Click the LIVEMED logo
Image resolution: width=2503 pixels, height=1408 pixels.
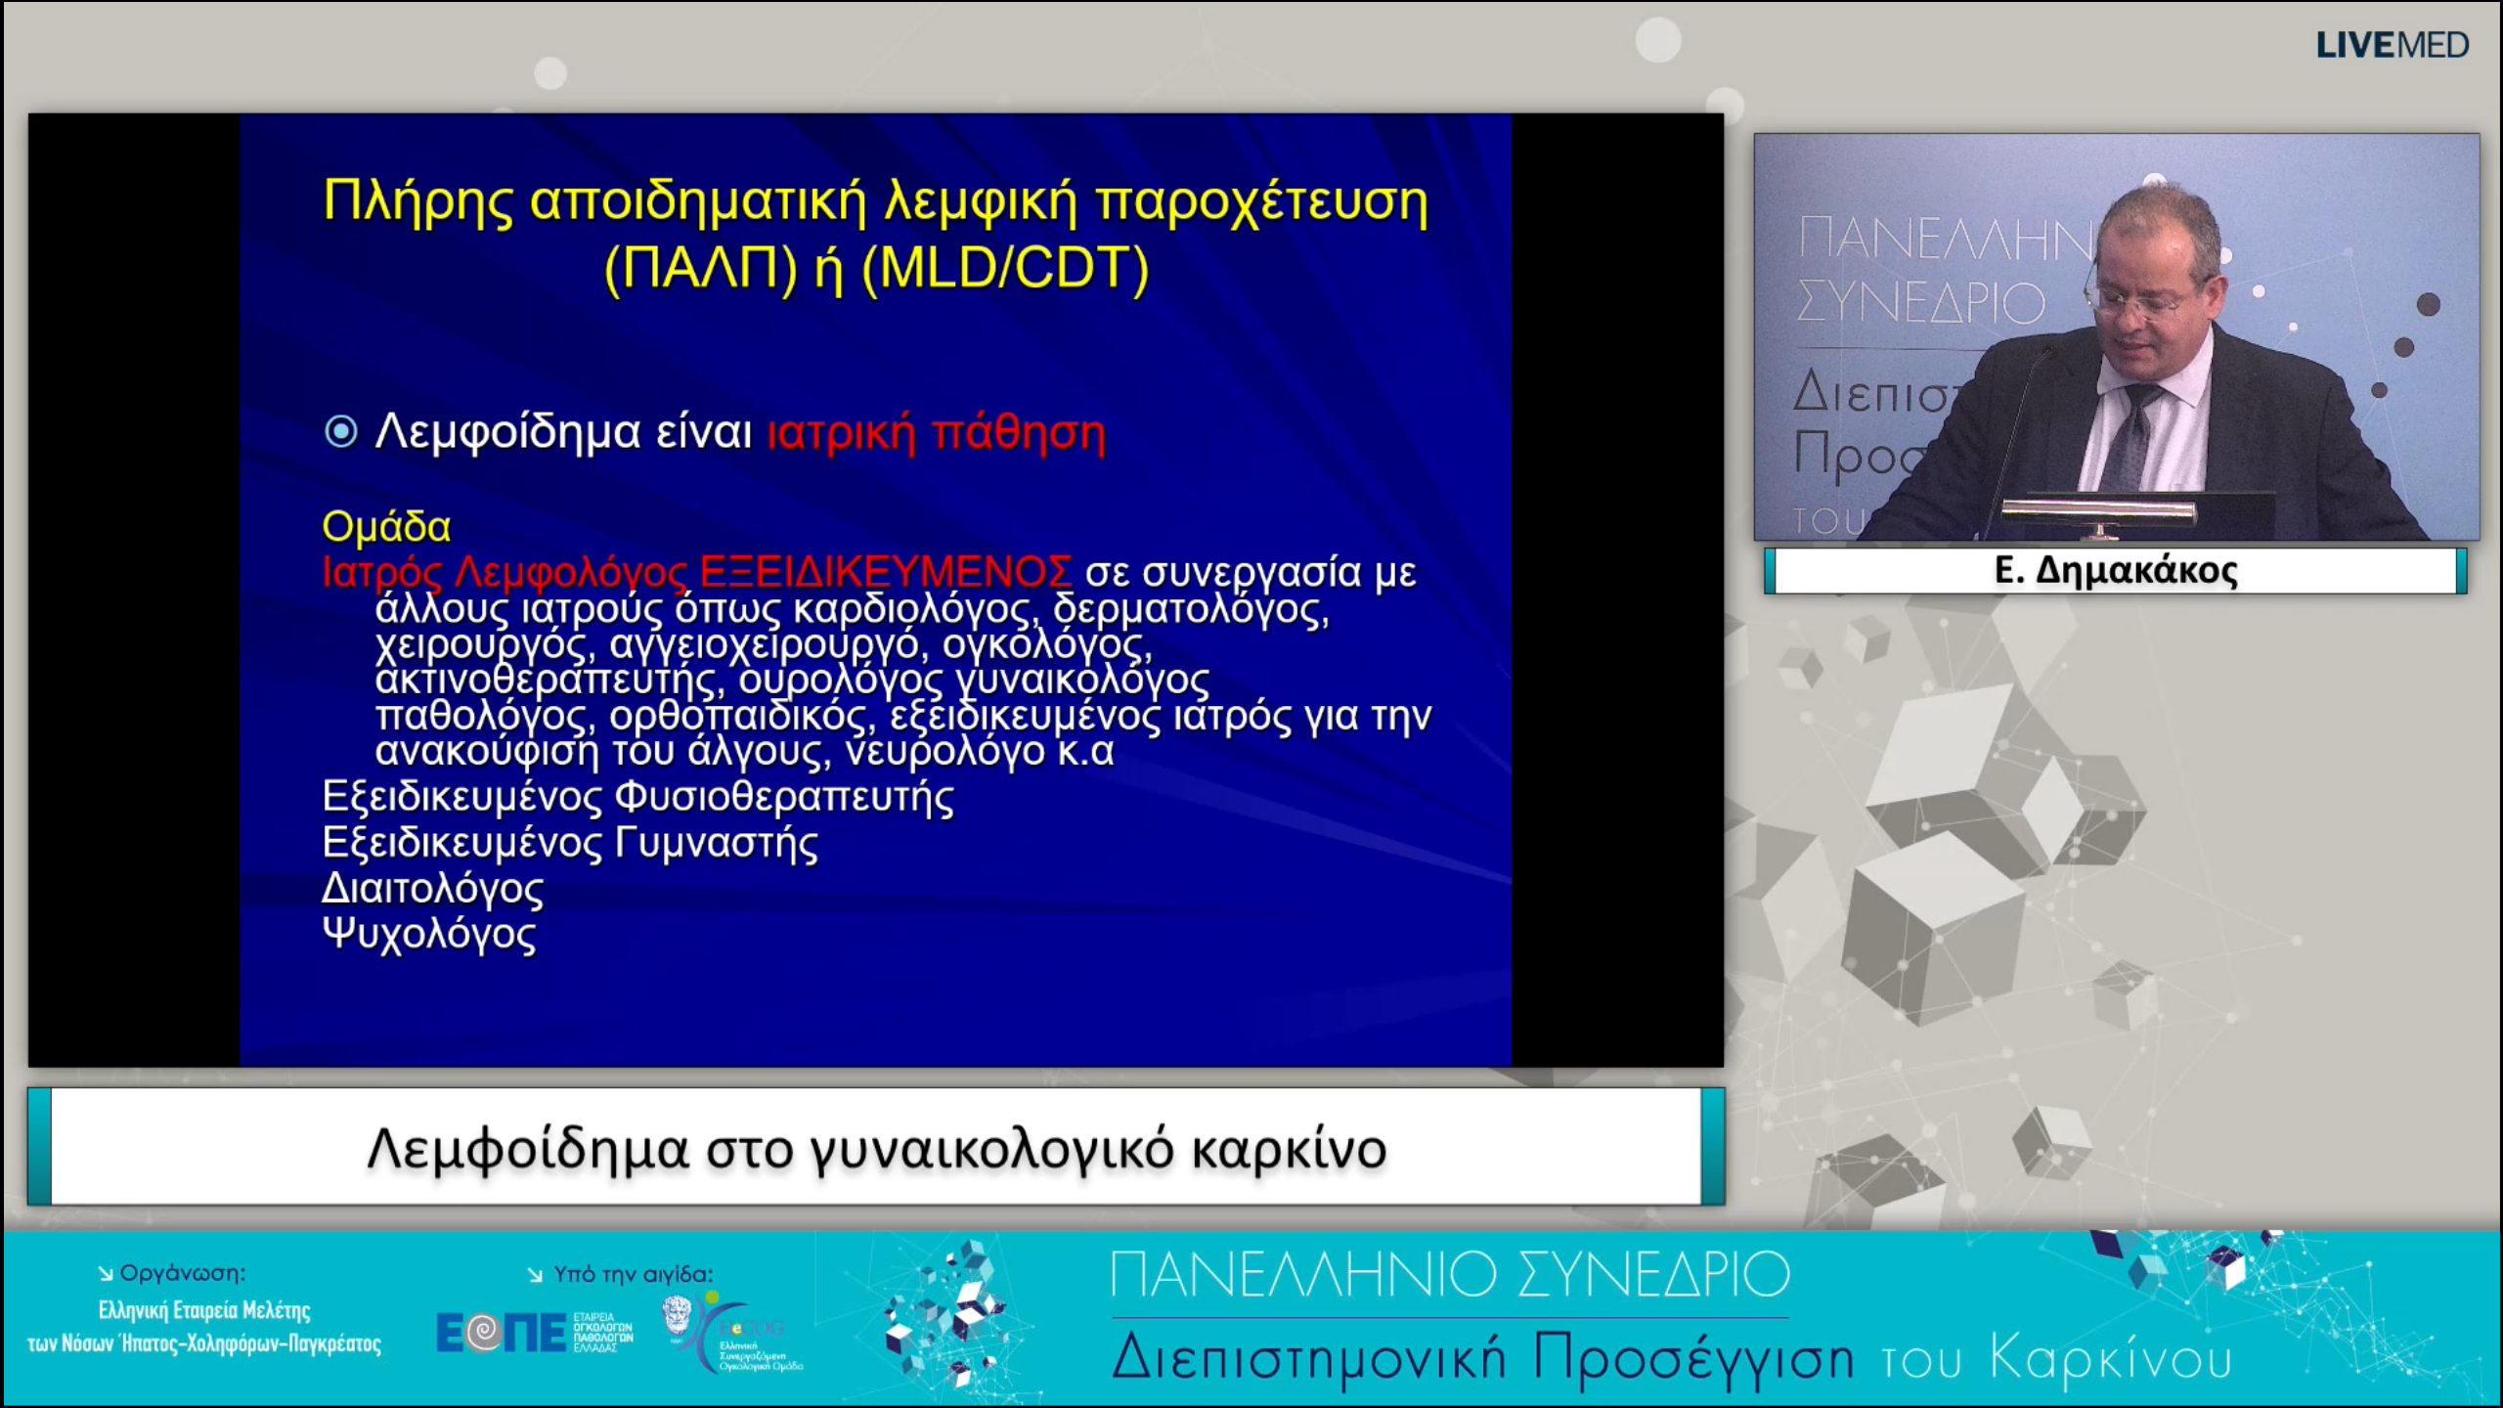[x=2392, y=45]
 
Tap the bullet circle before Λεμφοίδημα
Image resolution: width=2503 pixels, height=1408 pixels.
[x=340, y=431]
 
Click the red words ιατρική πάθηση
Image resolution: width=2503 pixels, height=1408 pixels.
[x=936, y=432]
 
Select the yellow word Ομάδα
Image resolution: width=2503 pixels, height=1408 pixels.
[x=386, y=527]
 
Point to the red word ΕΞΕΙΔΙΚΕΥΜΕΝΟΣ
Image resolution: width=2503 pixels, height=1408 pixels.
[x=886, y=570]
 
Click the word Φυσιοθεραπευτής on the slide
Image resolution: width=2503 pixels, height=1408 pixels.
[x=784, y=797]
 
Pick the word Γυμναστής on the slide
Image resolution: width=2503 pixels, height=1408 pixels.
[x=716, y=843]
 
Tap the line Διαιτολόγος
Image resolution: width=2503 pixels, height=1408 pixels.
[x=432, y=889]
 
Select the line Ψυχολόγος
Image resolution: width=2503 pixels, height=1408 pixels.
[x=429, y=935]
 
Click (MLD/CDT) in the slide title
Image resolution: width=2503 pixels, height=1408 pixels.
[x=1005, y=268]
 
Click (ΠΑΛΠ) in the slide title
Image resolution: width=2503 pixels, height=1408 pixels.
[x=701, y=268]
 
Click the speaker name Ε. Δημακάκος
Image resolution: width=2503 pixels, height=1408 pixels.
[x=2116, y=570]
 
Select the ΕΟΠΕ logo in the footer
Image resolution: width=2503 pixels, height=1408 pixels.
[x=501, y=1333]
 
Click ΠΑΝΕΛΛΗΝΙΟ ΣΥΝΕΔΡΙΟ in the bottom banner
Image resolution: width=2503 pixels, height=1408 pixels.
[x=1450, y=1275]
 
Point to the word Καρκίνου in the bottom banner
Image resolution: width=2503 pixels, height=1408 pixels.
[x=2111, y=1359]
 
